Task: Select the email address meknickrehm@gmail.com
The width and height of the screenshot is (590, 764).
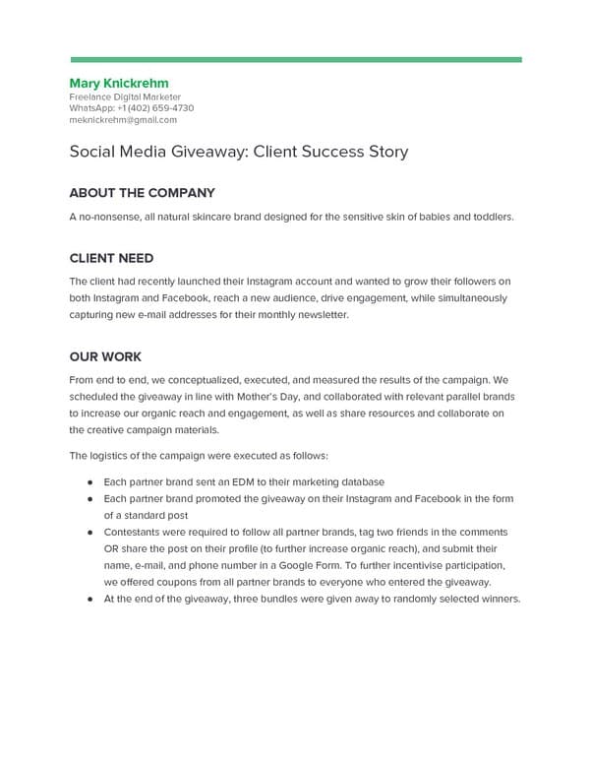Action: [123, 120]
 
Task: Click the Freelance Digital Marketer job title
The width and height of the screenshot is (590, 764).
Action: [125, 97]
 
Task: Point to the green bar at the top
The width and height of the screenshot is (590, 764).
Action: [295, 59]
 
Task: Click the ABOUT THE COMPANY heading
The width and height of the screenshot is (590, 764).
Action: [142, 193]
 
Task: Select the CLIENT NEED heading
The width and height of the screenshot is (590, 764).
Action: [111, 258]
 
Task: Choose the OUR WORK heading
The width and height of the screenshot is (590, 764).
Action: [106, 356]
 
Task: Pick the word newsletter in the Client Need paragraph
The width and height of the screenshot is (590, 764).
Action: [321, 315]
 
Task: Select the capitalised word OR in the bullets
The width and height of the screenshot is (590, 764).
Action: [113, 548]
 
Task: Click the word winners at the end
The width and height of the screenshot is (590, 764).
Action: [498, 599]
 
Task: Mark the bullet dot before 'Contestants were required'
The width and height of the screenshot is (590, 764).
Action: [89, 532]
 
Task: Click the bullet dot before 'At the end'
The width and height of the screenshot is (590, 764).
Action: [89, 599]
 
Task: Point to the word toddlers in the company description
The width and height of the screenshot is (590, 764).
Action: [492, 217]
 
